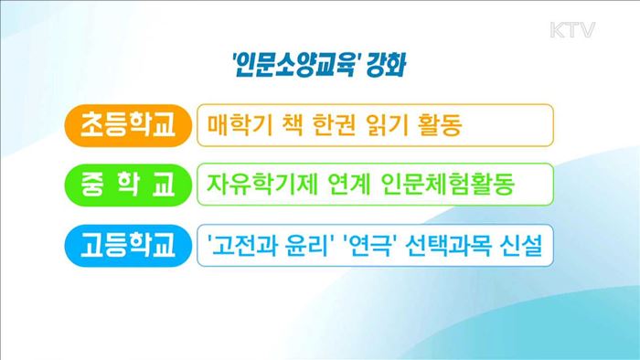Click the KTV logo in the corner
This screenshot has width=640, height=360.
tap(572, 31)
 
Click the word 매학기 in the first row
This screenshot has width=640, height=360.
tap(237, 125)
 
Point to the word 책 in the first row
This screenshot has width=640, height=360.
tap(290, 125)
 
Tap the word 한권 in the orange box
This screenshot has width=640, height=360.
tap(332, 125)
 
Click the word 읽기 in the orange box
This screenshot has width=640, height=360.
tap(387, 125)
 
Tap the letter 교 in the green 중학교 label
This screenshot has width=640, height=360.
tap(165, 185)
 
